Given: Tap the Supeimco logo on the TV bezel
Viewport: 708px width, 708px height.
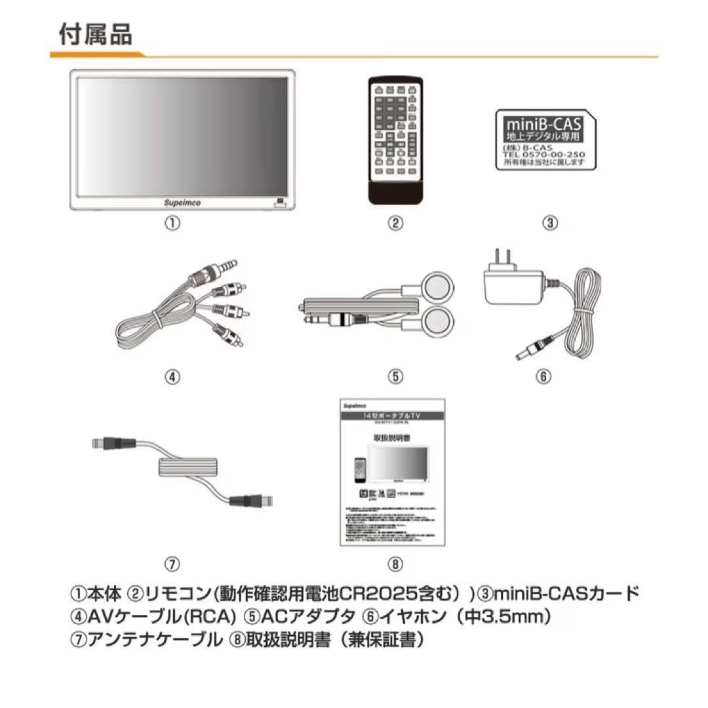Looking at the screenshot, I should pos(183,203).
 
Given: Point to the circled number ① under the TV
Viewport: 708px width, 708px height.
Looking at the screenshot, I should pos(172,223).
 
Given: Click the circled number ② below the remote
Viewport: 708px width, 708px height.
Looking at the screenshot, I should pos(395,223).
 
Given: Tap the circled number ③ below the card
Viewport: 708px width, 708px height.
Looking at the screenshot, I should pos(551,223).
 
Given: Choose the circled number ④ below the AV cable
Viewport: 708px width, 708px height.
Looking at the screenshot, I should pos(172,377).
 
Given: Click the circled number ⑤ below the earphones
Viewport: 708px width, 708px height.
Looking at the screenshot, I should pos(395,377).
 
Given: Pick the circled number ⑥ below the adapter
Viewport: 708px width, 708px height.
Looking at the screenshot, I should pos(544,377).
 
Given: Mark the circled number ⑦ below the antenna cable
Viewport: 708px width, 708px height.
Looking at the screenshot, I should pos(172,563).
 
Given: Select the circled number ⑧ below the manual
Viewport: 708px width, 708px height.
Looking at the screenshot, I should pos(395,563).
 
